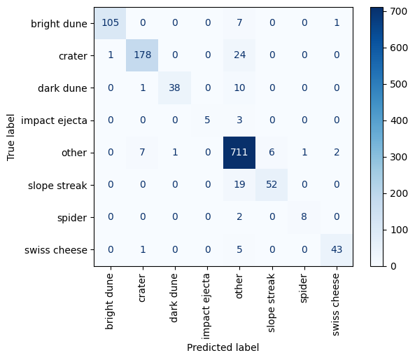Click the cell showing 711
[239, 152]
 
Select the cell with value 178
[142, 55]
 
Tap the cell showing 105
[110, 23]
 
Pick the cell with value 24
[239, 55]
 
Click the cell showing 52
[272, 185]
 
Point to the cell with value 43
[337, 249]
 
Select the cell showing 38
[175, 88]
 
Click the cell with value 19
[239, 185]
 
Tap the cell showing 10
[239, 88]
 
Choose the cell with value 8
[304, 217]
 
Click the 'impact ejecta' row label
[54, 120]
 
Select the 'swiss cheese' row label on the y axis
[56, 250]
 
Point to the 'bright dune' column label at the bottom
[109, 301]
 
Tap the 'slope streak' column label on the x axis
[271, 303]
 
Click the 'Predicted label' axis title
[223, 347]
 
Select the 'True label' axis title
[10, 137]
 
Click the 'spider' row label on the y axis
[72, 218]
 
